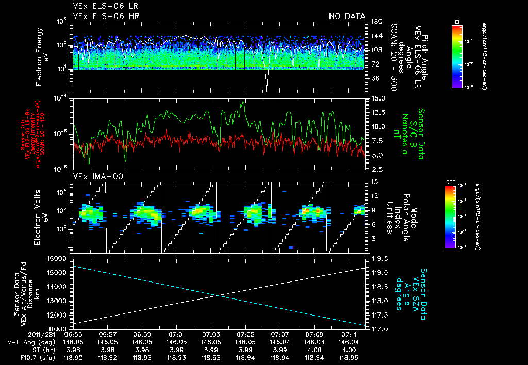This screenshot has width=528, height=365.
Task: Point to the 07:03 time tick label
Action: coord(211,334)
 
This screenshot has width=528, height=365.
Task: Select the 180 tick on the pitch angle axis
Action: coord(375,22)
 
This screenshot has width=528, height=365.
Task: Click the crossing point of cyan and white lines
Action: coord(219,295)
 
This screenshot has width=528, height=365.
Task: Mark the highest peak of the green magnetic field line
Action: coord(243,102)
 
